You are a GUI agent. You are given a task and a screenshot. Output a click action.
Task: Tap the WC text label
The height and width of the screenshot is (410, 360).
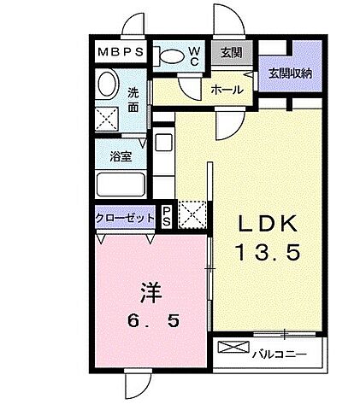tap(194, 56)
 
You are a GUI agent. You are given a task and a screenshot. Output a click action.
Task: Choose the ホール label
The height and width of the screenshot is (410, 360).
tap(227, 89)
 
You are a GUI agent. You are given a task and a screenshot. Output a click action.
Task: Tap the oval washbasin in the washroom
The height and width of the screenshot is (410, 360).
tap(108, 85)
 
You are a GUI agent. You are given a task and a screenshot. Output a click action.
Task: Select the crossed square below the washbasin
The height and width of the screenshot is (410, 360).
tap(108, 119)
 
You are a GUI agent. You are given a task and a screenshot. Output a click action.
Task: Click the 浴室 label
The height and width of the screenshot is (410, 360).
tap(120, 156)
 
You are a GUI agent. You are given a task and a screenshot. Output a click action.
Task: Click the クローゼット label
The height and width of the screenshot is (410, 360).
tap(125, 218)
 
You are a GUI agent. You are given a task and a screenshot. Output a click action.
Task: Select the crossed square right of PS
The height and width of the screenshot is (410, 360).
tap(192, 215)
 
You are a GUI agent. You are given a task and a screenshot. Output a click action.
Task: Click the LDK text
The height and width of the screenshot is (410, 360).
tap(267, 225)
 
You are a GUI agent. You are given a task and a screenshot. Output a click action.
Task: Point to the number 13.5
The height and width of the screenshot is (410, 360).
tap(267, 254)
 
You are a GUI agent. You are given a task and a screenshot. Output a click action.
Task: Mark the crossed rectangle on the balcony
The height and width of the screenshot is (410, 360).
tap(232, 348)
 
